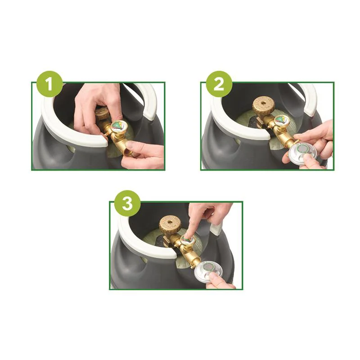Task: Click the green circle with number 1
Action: pos(49,84)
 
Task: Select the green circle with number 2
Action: pos(219,84)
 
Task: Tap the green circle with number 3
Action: pos(127,203)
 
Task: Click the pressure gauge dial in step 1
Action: pos(119,127)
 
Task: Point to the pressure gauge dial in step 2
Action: pos(282,120)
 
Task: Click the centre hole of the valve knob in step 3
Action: pos(170,222)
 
